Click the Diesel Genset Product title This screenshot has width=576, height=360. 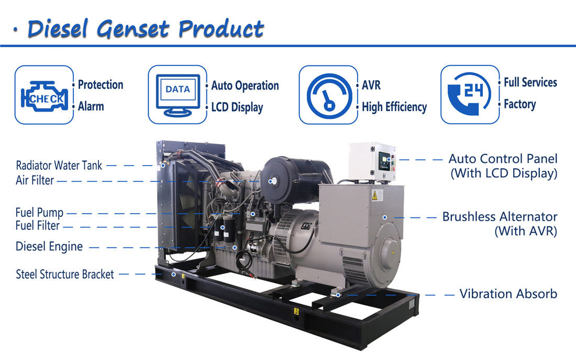coord(146,29)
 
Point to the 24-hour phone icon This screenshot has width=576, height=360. coord(470,94)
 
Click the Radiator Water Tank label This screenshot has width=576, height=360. coord(59,166)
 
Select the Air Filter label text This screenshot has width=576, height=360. coord(35,181)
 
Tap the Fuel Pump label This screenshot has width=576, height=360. coord(39,213)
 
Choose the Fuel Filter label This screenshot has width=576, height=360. coord(38,225)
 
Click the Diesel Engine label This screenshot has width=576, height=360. coord(49,246)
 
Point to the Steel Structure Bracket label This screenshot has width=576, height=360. coord(64,274)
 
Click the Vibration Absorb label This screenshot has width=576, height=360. coord(508,294)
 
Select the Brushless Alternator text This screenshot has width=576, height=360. coord(500,216)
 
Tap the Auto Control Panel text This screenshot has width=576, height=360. coord(503,158)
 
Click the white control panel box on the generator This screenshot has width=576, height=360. coord(372,162)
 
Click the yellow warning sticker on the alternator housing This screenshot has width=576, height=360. coord(375,195)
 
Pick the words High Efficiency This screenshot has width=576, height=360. coord(394,107)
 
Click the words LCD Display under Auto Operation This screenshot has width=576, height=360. coord(237,107)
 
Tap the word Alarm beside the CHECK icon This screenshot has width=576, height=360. coord(91,106)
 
